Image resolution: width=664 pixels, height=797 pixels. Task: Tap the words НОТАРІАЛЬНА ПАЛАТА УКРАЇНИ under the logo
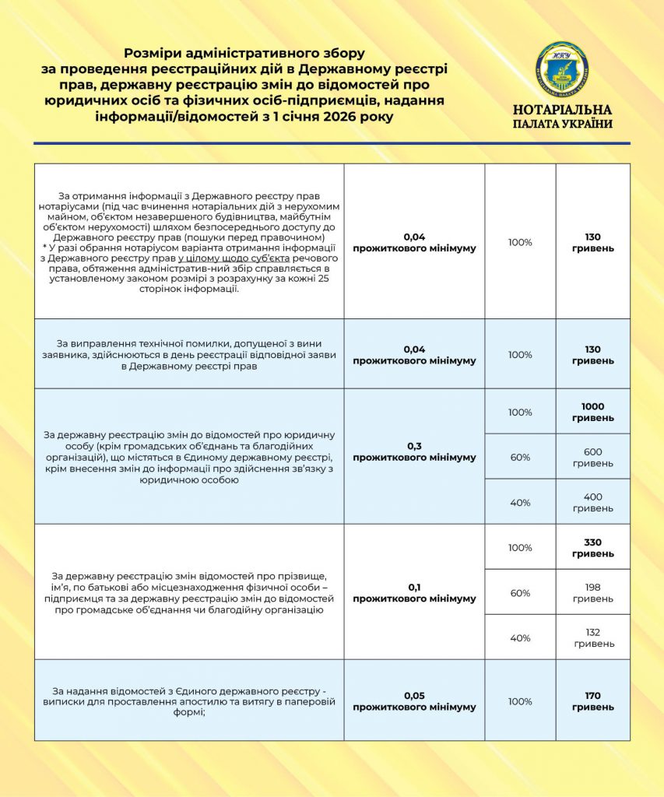[562, 116]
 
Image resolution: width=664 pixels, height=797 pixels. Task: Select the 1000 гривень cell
[592, 412]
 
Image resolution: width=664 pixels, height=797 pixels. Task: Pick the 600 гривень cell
[592, 457]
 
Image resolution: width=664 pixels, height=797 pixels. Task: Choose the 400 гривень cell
[592, 502]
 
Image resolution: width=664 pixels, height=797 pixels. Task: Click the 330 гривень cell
[592, 547]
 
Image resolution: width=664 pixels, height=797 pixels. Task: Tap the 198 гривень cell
[592, 592]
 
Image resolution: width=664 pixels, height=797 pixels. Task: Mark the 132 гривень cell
[592, 637]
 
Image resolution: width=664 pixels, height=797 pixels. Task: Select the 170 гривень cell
[592, 700]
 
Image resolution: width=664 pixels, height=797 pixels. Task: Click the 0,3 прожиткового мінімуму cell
[413, 451]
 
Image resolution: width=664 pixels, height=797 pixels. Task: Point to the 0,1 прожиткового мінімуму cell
[413, 592]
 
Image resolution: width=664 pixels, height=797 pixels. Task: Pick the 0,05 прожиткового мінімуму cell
[413, 700]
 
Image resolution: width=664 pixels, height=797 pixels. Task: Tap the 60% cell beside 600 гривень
[520, 457]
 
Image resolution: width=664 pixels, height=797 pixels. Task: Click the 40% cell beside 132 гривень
[520, 637]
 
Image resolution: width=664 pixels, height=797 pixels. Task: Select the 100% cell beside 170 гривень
[520, 700]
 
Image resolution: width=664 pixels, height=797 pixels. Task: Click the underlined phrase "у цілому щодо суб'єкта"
[234, 258]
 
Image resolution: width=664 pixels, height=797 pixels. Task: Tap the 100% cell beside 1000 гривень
[520, 412]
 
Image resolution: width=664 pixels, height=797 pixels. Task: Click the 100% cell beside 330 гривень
[520, 547]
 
